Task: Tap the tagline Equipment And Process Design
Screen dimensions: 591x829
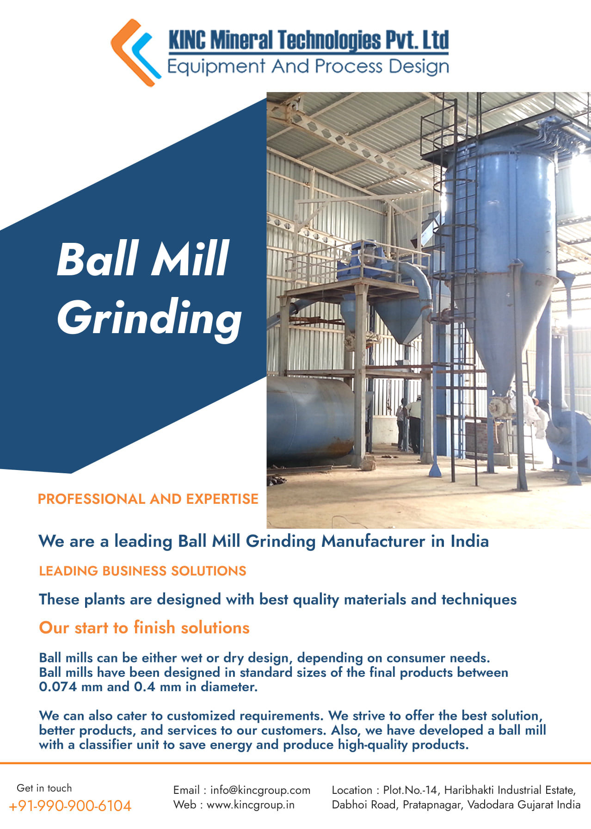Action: click(x=308, y=67)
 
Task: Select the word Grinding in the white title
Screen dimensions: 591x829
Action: click(x=149, y=318)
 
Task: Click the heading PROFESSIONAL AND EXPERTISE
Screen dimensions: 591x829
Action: click(x=148, y=499)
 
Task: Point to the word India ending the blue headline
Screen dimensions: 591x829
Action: click(x=470, y=541)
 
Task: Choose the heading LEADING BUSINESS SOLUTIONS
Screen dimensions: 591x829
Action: click(x=142, y=571)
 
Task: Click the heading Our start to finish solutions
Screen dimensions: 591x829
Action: click(x=144, y=628)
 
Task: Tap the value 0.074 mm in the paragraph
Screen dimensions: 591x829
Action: click(x=71, y=687)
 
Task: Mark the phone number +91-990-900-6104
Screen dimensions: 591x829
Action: click(x=70, y=806)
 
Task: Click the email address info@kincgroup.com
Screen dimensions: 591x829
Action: click(x=260, y=790)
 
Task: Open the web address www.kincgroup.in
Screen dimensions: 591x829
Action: click(x=251, y=804)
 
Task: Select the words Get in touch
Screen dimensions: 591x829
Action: click(x=44, y=788)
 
